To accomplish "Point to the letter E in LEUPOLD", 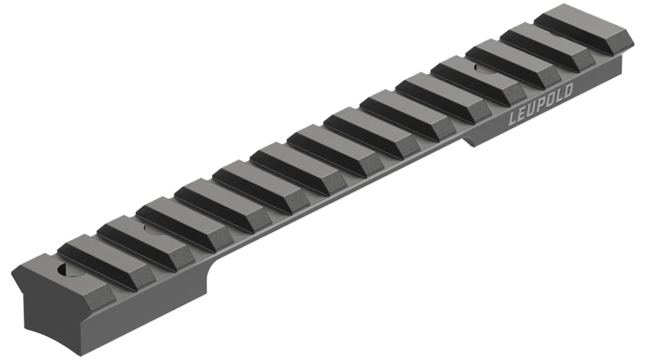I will (521, 114).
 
